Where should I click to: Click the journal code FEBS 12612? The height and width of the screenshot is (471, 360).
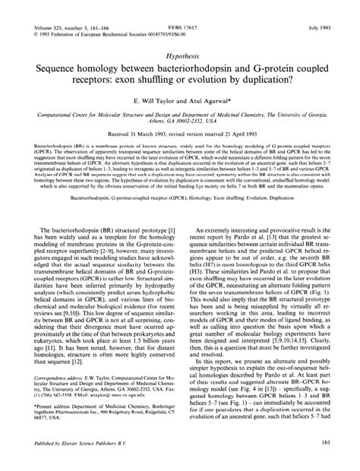tap(180, 7)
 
